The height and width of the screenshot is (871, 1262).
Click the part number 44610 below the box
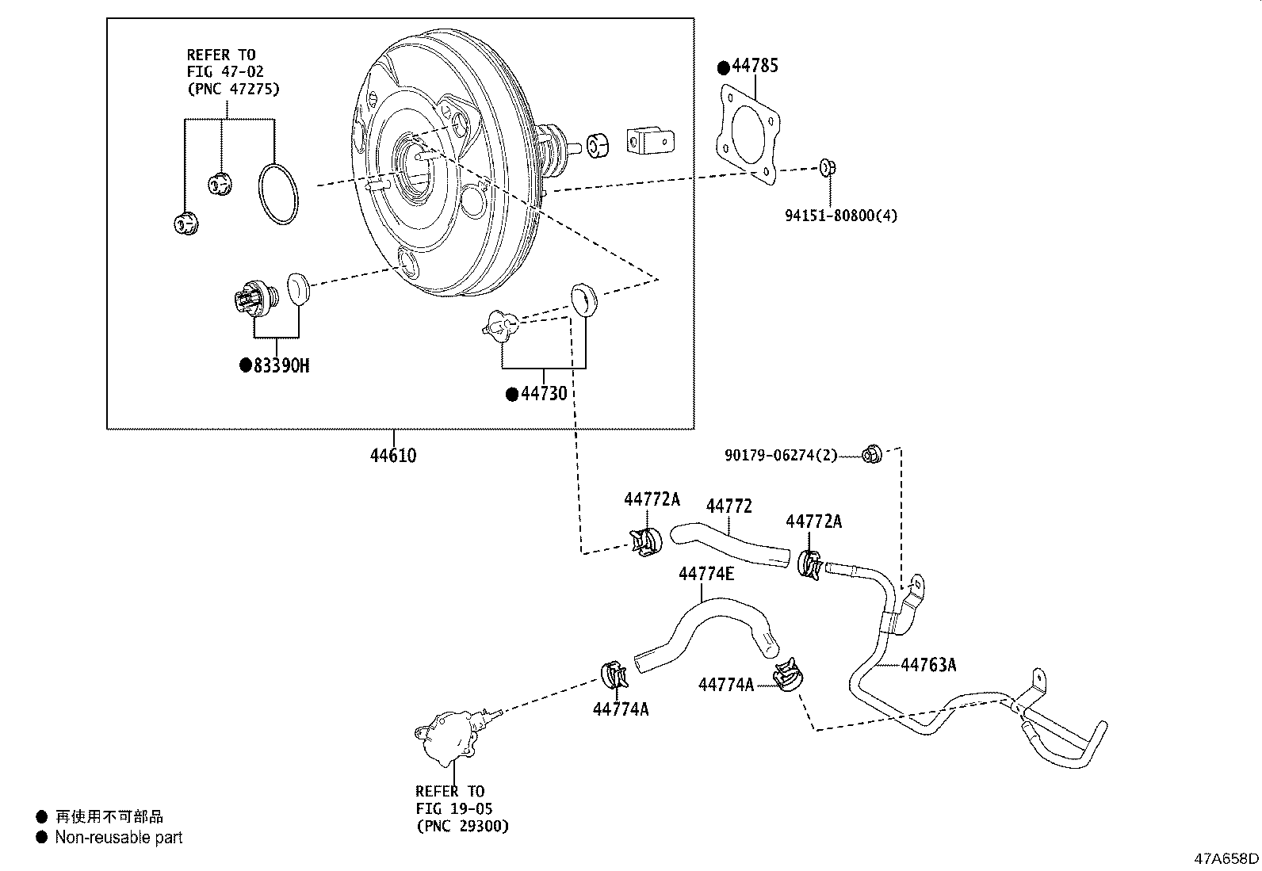coord(393,456)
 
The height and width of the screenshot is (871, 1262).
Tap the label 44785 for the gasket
coord(754,66)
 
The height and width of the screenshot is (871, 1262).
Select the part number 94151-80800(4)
coord(841,215)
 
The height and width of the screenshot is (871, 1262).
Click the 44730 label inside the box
coord(544,393)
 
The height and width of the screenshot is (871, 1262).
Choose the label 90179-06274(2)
coord(780,455)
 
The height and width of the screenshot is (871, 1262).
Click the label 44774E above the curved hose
coord(706,573)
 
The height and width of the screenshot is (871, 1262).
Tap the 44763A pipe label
coord(928,665)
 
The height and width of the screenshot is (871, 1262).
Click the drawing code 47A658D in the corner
coord(1226,858)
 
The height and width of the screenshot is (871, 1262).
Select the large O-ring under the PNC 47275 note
coord(278,194)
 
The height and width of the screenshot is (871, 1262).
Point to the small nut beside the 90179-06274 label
coord(872,454)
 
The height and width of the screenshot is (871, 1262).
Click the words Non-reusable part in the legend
coord(118,837)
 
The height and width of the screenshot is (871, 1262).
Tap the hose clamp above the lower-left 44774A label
coord(614,675)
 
